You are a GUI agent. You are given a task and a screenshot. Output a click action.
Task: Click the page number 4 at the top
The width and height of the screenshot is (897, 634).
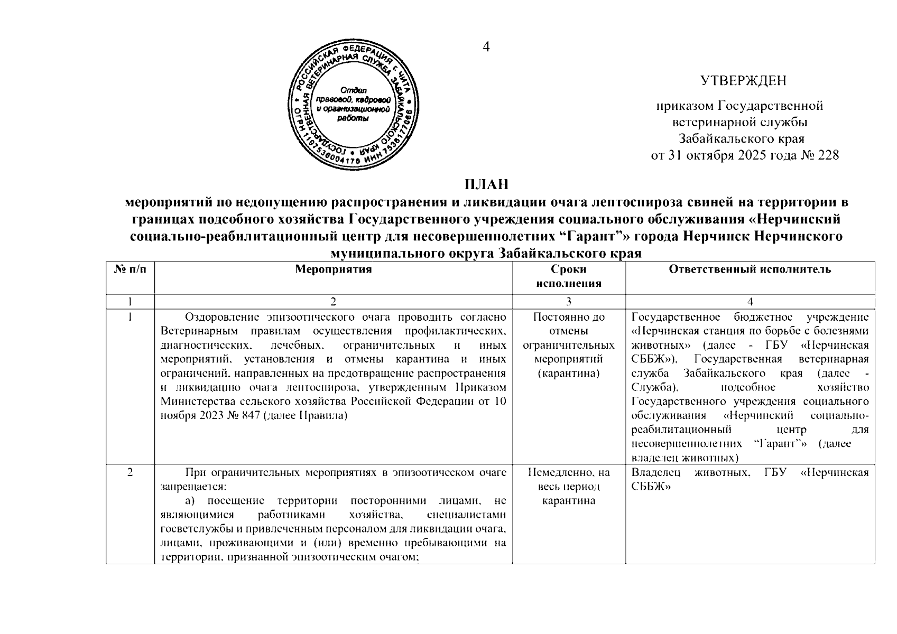tap(486, 47)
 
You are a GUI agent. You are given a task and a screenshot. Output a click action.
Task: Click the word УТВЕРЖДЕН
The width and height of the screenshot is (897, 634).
tap(743, 81)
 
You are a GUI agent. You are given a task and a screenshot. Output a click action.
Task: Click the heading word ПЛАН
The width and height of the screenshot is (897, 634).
tap(486, 185)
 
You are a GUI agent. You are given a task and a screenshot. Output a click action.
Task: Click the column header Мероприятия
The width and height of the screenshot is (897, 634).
tap(333, 269)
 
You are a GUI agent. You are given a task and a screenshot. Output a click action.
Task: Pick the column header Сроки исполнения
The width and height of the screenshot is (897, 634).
tap(568, 276)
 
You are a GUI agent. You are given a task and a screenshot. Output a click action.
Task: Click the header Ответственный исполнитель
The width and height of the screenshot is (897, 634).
tap(750, 269)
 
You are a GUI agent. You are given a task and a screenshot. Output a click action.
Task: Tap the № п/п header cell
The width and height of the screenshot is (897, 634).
tap(130, 269)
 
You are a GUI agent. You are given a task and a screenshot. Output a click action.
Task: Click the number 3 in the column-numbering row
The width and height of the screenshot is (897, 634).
tap(568, 302)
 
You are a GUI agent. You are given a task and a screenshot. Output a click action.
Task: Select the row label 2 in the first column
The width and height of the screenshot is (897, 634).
tap(130, 472)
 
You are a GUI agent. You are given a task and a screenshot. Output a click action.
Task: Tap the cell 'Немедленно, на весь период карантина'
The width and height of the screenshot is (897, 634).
tap(568, 486)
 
